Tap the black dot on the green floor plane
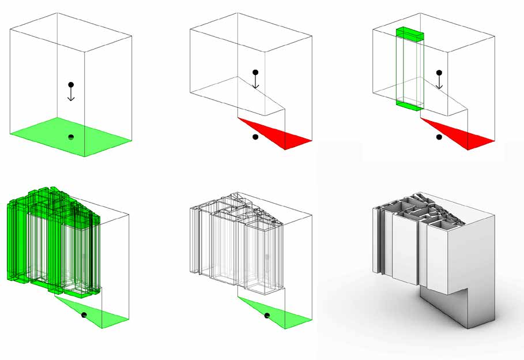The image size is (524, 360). pos(70,137)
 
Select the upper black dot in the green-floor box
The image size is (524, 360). pos(70,84)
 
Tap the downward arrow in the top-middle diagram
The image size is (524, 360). pos(255,83)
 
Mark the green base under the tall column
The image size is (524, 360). pos(409,104)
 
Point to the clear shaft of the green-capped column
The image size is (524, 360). pos(409,69)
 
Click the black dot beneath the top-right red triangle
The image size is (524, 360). pos(439,137)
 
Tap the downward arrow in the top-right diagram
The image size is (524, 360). pos(439,83)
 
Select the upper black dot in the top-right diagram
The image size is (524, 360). pos(439,73)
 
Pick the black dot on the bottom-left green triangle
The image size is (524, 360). pos(84,314)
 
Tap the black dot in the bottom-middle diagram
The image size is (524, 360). pos(267,315)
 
